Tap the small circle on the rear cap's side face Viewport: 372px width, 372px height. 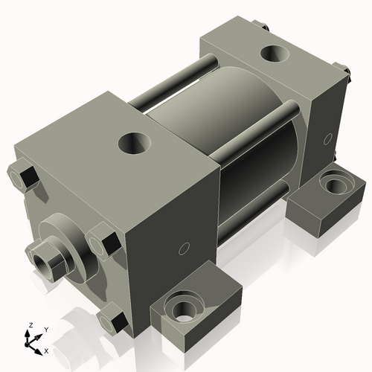pos(328,138)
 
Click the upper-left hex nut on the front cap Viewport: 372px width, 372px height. pos(25,178)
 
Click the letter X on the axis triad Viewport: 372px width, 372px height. pos(46,350)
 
